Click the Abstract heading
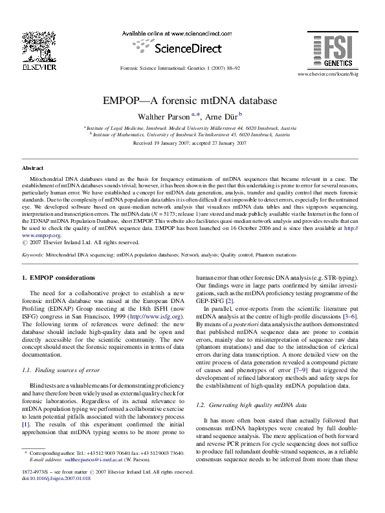(33, 167)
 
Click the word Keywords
(33, 255)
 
